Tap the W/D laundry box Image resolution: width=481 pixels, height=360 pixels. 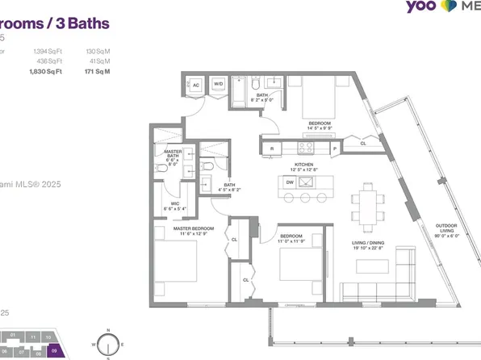(x=218, y=84)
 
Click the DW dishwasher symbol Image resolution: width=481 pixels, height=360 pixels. (x=290, y=182)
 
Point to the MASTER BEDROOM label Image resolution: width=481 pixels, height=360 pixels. (x=194, y=229)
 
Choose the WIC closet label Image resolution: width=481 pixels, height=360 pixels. (x=174, y=205)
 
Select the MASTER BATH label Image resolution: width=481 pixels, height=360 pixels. (x=172, y=156)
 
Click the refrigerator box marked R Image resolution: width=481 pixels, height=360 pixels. (x=272, y=149)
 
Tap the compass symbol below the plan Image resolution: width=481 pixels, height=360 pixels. (x=107, y=344)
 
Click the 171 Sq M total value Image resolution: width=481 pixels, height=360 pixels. (x=98, y=72)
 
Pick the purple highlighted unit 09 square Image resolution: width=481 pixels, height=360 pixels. (x=54, y=352)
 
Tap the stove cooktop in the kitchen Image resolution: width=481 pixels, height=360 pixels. (x=306, y=148)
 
